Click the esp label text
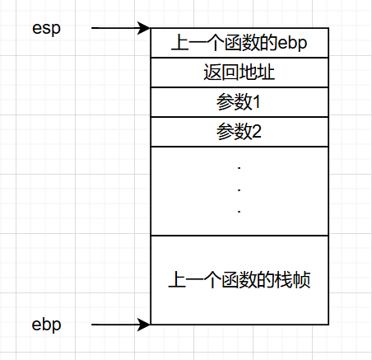click(x=46, y=29)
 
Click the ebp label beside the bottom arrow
click(x=46, y=325)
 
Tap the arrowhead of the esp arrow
click(x=144, y=28)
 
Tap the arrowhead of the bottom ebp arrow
click(x=144, y=325)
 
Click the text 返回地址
click(x=239, y=72)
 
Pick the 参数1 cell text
click(x=239, y=102)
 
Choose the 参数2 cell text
click(x=239, y=132)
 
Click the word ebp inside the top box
click(x=292, y=44)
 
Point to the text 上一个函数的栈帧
click(x=239, y=280)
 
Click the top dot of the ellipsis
click(x=239, y=168)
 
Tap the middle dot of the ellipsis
click(x=239, y=189)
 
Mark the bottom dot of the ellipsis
click(x=239, y=212)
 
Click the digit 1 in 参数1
click(x=256, y=102)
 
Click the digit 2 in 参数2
click(x=257, y=132)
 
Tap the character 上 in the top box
click(x=179, y=43)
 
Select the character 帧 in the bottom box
click(x=302, y=280)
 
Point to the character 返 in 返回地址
click(x=212, y=72)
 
